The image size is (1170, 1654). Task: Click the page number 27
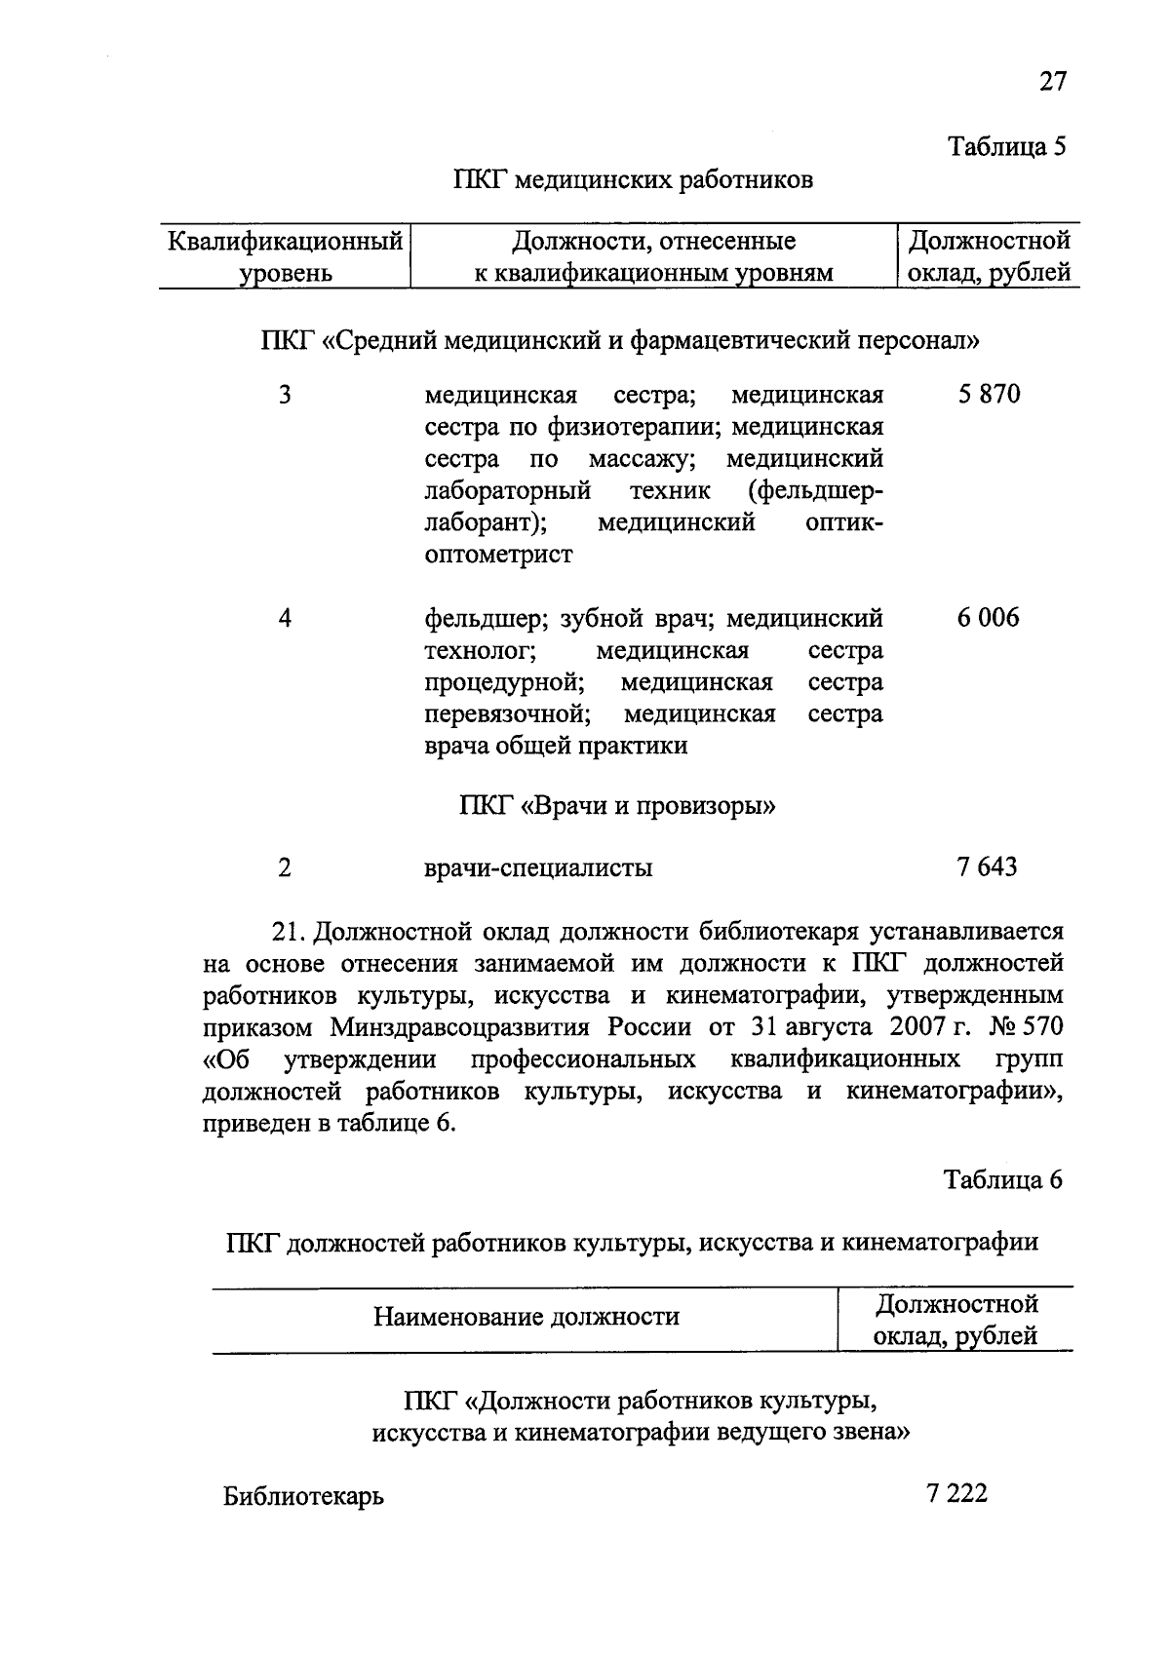pyautogui.click(x=1052, y=81)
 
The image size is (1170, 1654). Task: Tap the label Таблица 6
pyautogui.click(x=1001, y=1179)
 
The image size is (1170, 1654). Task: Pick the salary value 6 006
pyautogui.click(x=988, y=618)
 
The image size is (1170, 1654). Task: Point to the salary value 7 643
pyautogui.click(x=987, y=866)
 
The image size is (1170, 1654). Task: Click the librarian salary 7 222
pyautogui.click(x=957, y=1493)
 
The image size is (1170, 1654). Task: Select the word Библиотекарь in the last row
pyautogui.click(x=303, y=1496)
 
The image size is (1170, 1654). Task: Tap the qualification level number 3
pyautogui.click(x=284, y=396)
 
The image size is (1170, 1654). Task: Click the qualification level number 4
pyautogui.click(x=284, y=619)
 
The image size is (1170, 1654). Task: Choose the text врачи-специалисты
pyautogui.click(x=538, y=867)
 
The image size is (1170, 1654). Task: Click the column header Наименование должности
pyautogui.click(x=526, y=1318)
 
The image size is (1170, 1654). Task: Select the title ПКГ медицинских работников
pyautogui.click(x=633, y=180)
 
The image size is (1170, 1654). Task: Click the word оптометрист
pyautogui.click(x=498, y=555)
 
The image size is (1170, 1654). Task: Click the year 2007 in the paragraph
pyautogui.click(x=918, y=1027)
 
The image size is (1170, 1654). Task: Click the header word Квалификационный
pyautogui.click(x=285, y=240)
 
